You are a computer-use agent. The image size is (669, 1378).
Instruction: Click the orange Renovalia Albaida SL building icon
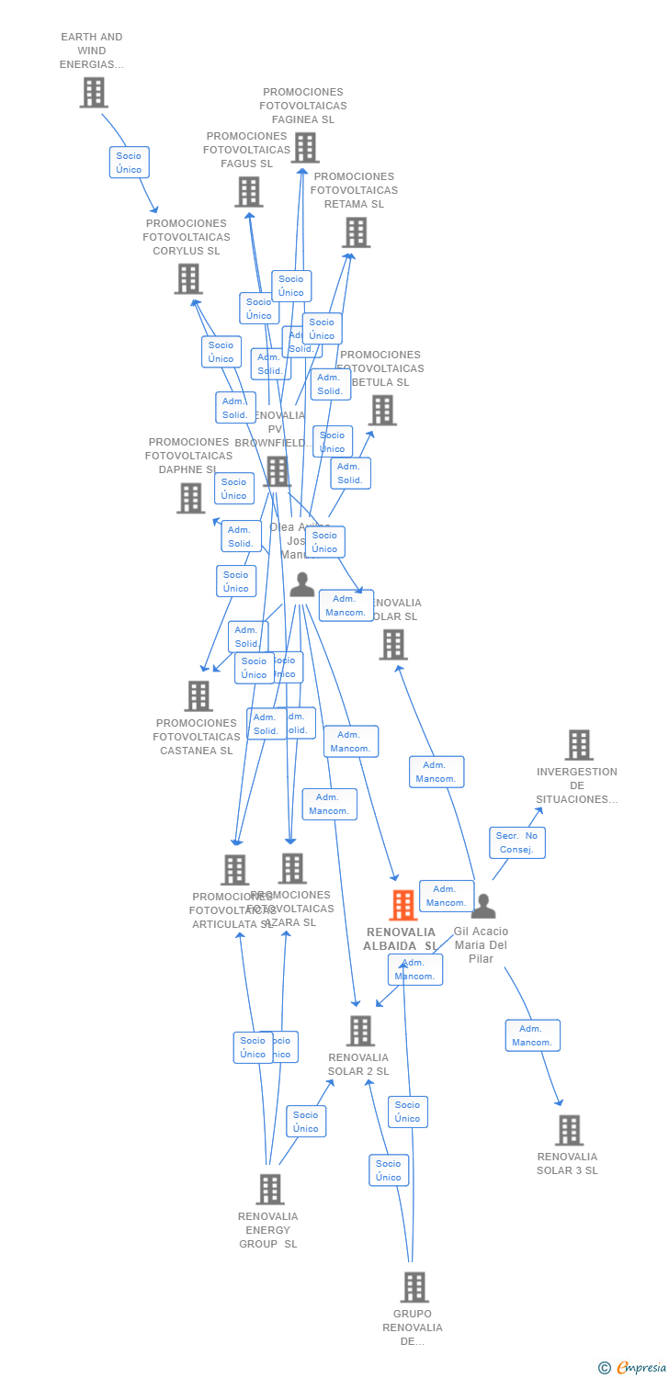click(x=403, y=905)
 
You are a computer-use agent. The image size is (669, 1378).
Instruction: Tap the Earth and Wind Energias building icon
click(x=94, y=92)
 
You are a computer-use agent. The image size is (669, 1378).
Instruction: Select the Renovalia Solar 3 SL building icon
click(x=569, y=1130)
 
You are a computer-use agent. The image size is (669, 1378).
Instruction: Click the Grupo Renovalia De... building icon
click(x=414, y=1287)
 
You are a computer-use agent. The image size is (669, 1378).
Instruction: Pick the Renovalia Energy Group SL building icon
click(x=269, y=1189)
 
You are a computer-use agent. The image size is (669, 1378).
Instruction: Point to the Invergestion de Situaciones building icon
click(x=578, y=745)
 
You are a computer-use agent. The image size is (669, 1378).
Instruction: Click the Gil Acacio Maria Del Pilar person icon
click(x=482, y=907)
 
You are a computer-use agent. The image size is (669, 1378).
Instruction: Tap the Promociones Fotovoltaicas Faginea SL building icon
click(x=304, y=147)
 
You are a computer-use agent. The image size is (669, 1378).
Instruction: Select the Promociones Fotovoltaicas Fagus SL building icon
click(x=248, y=191)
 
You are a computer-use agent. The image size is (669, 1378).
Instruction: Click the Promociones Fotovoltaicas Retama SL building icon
click(x=356, y=232)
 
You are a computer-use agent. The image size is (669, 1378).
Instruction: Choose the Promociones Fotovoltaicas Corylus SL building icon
click(x=187, y=278)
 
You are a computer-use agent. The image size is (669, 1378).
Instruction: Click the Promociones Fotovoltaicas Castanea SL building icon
click(x=198, y=696)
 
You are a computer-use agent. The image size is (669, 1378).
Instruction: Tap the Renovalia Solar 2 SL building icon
click(x=360, y=1031)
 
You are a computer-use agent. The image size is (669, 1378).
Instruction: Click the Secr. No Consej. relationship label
click(x=516, y=842)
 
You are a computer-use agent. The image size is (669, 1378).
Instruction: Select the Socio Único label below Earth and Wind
click(x=129, y=163)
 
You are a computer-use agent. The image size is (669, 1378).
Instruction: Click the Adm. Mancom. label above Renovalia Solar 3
click(x=532, y=1035)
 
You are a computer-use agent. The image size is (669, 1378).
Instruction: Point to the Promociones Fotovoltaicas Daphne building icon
click(x=190, y=498)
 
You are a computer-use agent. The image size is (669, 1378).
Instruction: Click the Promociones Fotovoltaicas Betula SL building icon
click(x=381, y=410)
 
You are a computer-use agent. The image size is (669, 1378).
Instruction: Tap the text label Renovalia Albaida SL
click(x=400, y=939)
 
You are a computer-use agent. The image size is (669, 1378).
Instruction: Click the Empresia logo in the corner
click(x=633, y=1368)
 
